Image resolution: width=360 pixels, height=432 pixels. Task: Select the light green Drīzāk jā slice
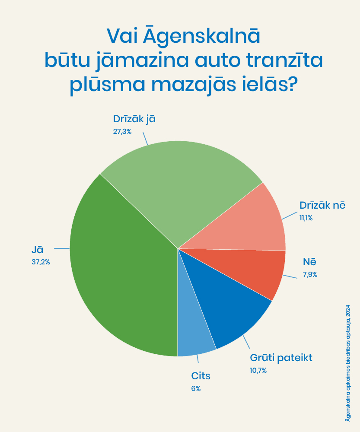coord(182,186)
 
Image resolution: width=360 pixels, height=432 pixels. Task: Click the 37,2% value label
coord(40,261)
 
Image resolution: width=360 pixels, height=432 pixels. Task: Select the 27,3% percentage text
coord(122,131)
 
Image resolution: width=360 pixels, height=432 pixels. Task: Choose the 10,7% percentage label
coord(258,370)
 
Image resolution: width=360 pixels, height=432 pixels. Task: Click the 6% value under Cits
coord(196,388)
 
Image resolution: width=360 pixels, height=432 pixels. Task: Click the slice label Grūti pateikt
coord(281,358)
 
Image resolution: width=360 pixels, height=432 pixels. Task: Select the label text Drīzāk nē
coord(322,206)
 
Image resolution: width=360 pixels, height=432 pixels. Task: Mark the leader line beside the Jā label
coord(61,248)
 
